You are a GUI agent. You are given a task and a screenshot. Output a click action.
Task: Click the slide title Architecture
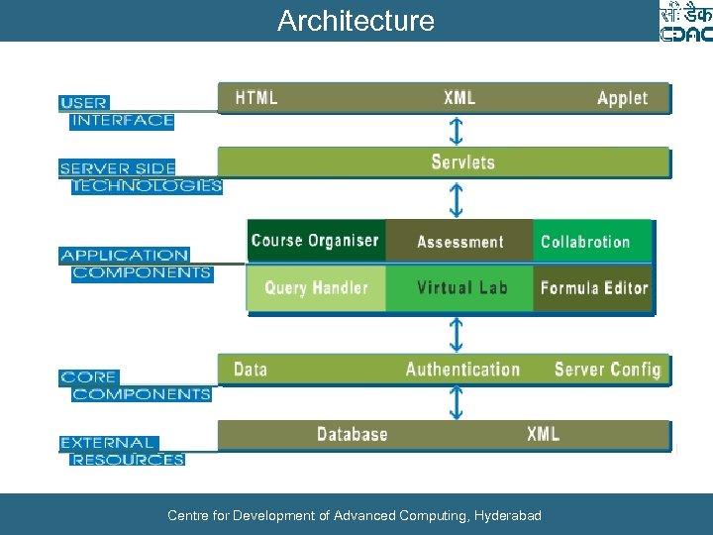(x=356, y=21)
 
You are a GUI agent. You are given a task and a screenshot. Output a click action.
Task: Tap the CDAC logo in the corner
(x=685, y=22)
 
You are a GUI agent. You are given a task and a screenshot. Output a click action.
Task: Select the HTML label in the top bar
(x=256, y=98)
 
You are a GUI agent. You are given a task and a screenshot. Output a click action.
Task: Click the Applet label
(x=622, y=98)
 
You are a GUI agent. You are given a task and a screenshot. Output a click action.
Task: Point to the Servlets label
(x=462, y=162)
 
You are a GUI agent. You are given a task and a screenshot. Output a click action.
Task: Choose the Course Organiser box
(x=315, y=241)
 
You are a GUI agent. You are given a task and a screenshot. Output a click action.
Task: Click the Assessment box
(x=459, y=242)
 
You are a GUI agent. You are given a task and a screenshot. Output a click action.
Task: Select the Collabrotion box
(x=585, y=242)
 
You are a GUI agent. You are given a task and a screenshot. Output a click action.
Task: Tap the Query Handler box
(x=316, y=288)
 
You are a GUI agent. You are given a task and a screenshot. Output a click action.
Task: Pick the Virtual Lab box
(x=461, y=288)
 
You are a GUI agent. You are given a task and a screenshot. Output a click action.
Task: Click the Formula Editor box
(x=594, y=288)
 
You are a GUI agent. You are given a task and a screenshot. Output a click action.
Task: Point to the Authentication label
(x=462, y=370)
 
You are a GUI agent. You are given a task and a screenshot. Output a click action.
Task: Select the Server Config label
(x=606, y=370)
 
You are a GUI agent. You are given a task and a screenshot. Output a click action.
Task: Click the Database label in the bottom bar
(x=352, y=434)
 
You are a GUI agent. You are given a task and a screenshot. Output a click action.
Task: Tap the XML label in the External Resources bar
(x=543, y=434)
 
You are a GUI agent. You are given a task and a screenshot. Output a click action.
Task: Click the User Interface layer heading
(x=117, y=111)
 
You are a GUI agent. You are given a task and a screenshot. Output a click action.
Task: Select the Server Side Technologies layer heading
(x=139, y=177)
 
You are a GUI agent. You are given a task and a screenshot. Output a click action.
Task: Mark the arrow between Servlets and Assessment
(x=456, y=199)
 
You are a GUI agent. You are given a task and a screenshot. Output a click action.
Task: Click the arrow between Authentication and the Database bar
(x=456, y=402)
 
